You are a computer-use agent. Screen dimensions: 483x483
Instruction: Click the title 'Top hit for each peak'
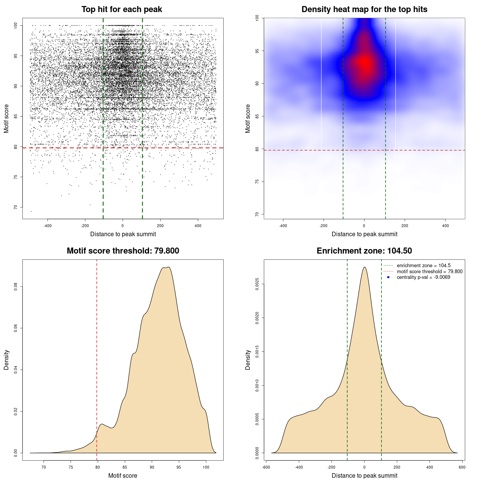(122, 9)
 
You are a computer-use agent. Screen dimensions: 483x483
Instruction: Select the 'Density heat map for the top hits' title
(364, 9)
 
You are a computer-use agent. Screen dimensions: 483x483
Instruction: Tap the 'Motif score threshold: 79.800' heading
(123, 251)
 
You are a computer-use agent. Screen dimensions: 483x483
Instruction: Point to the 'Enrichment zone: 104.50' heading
(364, 251)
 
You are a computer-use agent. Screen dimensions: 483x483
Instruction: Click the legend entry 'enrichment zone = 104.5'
(423, 266)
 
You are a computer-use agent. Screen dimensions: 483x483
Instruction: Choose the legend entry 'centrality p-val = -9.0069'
(423, 277)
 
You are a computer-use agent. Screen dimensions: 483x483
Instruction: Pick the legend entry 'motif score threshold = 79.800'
(429, 271)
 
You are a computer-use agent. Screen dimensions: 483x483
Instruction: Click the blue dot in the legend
(388, 277)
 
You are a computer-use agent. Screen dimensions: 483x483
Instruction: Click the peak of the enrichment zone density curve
(365, 267)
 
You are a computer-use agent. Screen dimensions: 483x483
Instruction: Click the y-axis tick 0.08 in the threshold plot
(16, 287)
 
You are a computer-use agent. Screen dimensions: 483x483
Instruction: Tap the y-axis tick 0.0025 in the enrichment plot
(257, 284)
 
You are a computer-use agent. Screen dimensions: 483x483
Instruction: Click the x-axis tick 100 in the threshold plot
(206, 467)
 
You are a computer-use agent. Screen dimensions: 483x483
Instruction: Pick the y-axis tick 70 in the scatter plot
(16, 207)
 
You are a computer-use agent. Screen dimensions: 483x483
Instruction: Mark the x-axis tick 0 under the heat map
(364, 226)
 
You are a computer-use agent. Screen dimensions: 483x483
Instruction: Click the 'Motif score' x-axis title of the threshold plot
(123, 475)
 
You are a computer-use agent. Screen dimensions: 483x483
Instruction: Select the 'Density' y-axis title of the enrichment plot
(248, 360)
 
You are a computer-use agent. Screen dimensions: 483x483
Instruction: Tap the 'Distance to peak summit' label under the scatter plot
(123, 234)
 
